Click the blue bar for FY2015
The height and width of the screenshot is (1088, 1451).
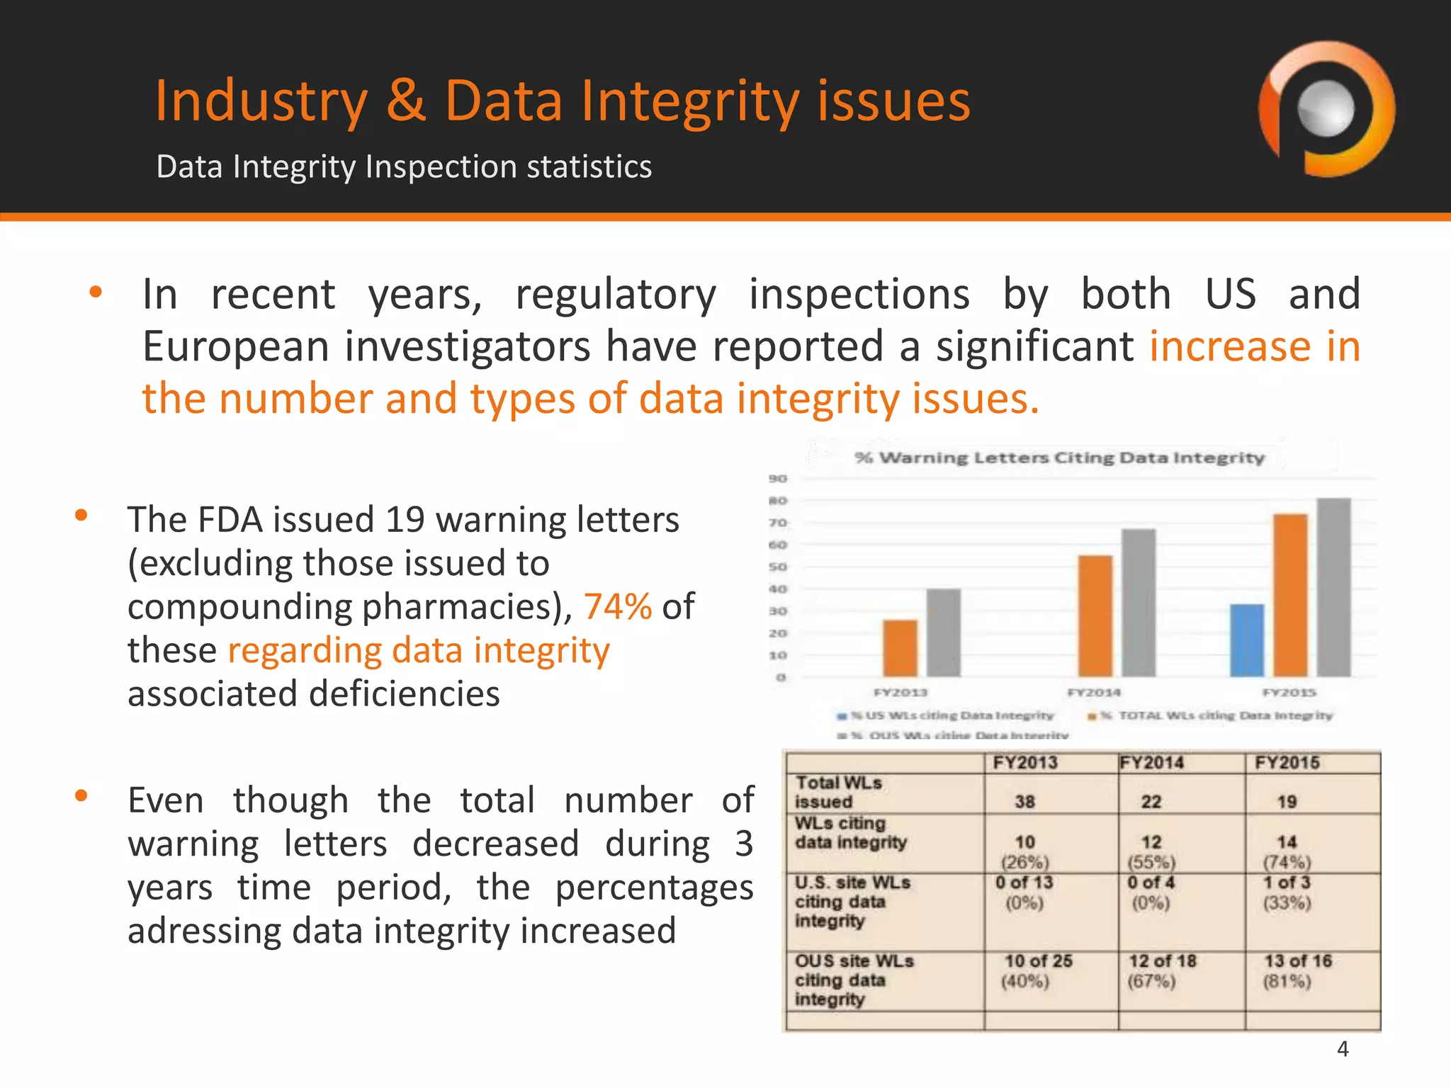coord(1247,641)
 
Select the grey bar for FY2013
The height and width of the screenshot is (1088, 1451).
coord(944,633)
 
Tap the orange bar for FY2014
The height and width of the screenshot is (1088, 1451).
coord(1095,616)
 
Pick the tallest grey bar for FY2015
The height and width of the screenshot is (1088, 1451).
coord(1333,587)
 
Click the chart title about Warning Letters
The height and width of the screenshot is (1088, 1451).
coord(1059,458)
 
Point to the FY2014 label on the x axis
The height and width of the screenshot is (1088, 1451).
coord(1094,692)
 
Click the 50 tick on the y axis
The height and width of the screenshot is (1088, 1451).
coord(778,567)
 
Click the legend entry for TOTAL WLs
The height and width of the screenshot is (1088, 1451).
coord(1212,715)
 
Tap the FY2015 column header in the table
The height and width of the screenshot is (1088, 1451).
coord(1287,763)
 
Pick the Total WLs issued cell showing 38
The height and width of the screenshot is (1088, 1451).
coord(1024,802)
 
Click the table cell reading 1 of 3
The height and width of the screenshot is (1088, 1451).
coord(1287,883)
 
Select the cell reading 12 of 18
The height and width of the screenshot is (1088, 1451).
coord(1162,961)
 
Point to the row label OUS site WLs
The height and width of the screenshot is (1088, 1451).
coord(854,961)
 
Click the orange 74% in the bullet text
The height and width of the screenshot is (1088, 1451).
coord(617,606)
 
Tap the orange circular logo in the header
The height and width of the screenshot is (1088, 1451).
coord(1326,109)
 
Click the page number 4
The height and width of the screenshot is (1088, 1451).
coord(1343,1049)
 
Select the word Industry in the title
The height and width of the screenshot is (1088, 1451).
coord(261,101)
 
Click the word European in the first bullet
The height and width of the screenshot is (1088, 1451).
coord(235,346)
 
